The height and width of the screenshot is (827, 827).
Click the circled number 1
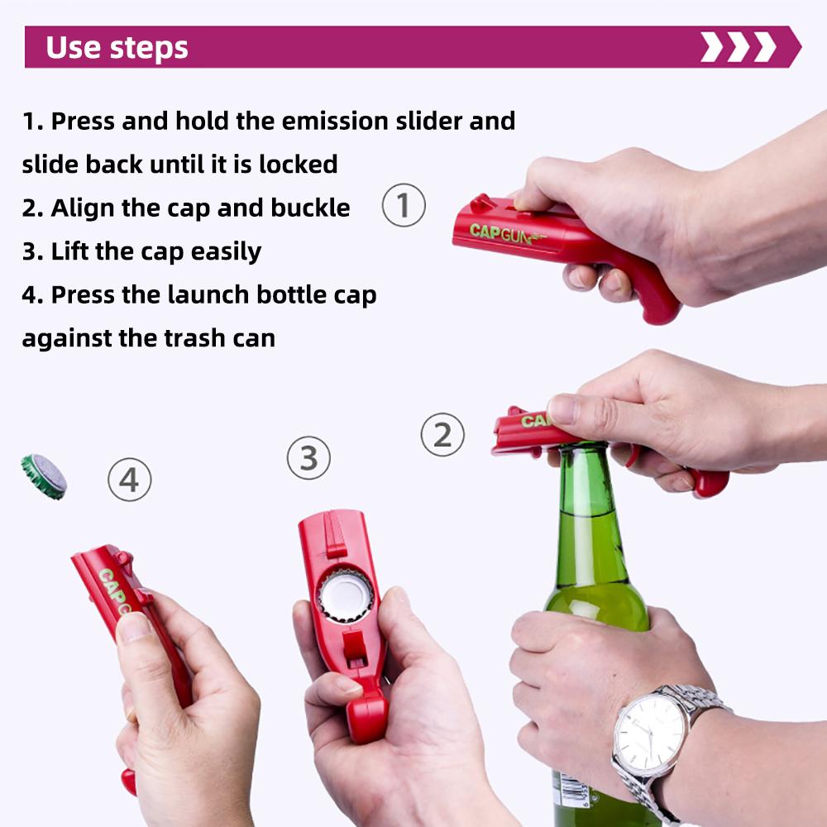pos(404,206)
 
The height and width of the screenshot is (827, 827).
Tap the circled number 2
pos(442,435)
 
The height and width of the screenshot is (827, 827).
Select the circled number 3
pos(308,457)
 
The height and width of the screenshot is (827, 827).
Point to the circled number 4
pos(130,480)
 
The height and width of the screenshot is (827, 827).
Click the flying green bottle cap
pos(44,476)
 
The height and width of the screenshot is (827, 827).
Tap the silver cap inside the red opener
pos(346,595)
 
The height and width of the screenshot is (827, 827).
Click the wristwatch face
pos(651,732)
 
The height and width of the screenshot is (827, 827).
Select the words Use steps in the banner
pos(117,48)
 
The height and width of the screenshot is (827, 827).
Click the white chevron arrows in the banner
pos(738,47)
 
